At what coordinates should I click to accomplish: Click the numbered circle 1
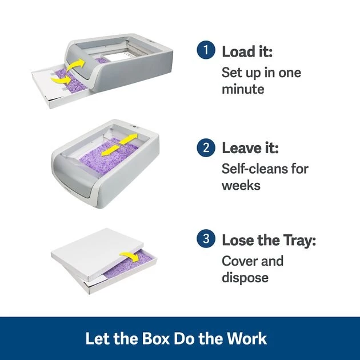point(206,50)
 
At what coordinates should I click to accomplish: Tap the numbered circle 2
point(206,147)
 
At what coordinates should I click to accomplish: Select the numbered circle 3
point(206,238)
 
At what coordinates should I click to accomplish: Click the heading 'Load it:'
point(247,51)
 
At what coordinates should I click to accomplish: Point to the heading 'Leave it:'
point(250,149)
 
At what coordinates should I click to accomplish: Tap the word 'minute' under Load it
point(243,89)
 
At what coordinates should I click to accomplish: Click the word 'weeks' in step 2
point(241,186)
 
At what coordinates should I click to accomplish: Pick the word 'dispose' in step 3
point(245,278)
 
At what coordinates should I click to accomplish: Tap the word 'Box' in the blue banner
point(155,338)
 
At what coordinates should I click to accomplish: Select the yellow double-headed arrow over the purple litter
point(119,145)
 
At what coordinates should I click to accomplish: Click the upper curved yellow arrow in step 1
point(77,64)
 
